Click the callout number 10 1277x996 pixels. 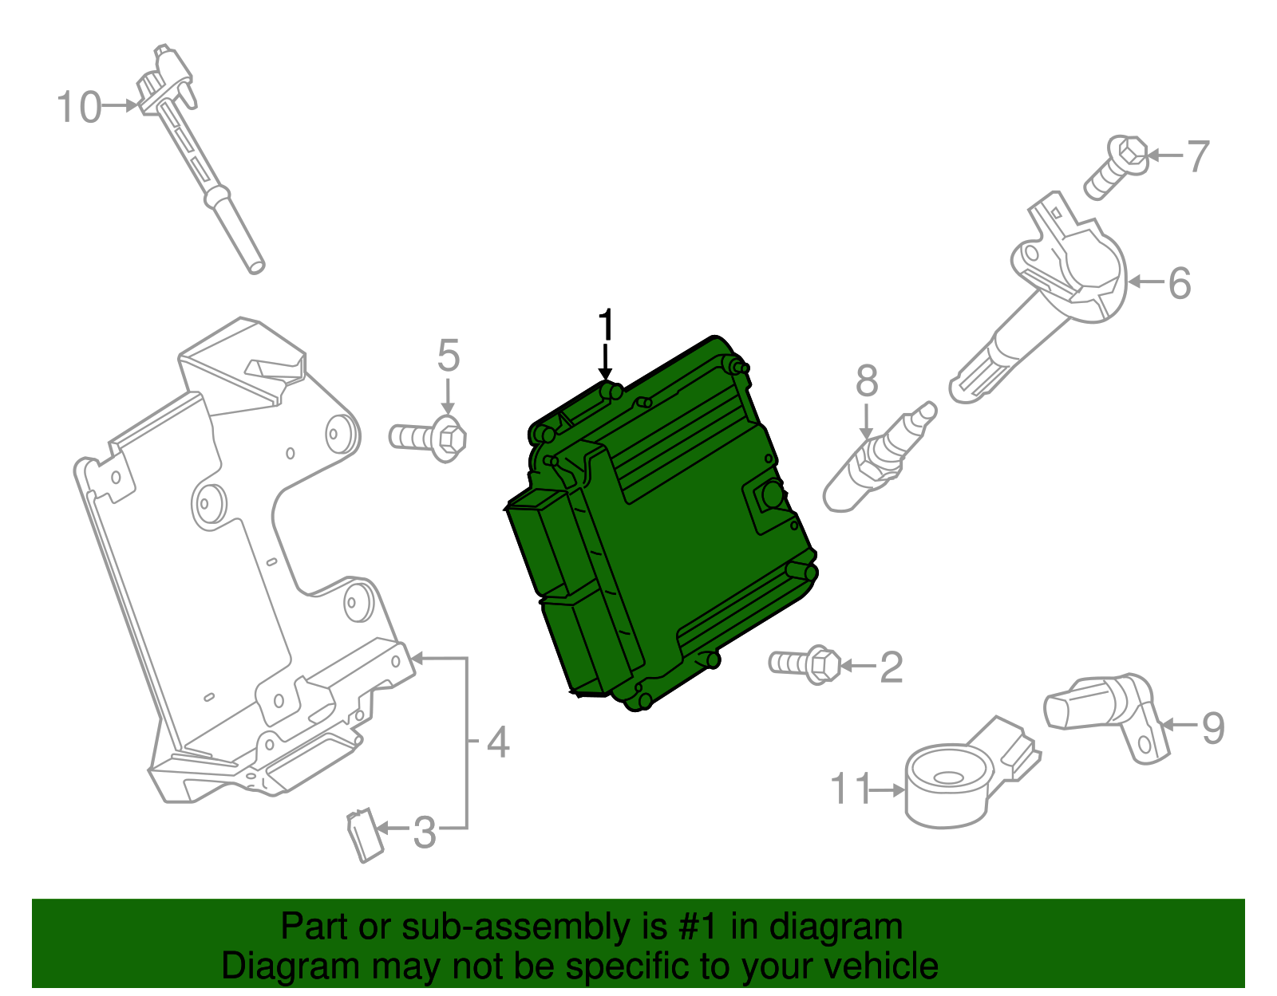[79, 107]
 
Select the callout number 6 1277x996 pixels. [1179, 283]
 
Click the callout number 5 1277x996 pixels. [449, 356]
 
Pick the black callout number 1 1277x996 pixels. [607, 325]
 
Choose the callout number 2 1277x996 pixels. [891, 667]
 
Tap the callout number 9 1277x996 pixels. [1212, 726]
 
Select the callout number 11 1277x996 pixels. [850, 789]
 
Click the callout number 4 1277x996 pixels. [497, 742]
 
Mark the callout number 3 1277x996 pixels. [425, 833]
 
